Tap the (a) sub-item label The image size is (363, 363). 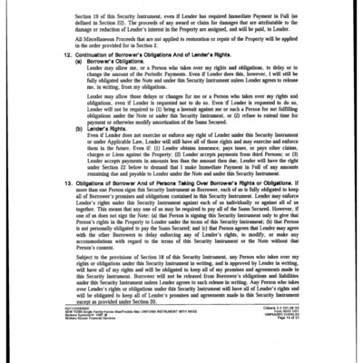point(68,87)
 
